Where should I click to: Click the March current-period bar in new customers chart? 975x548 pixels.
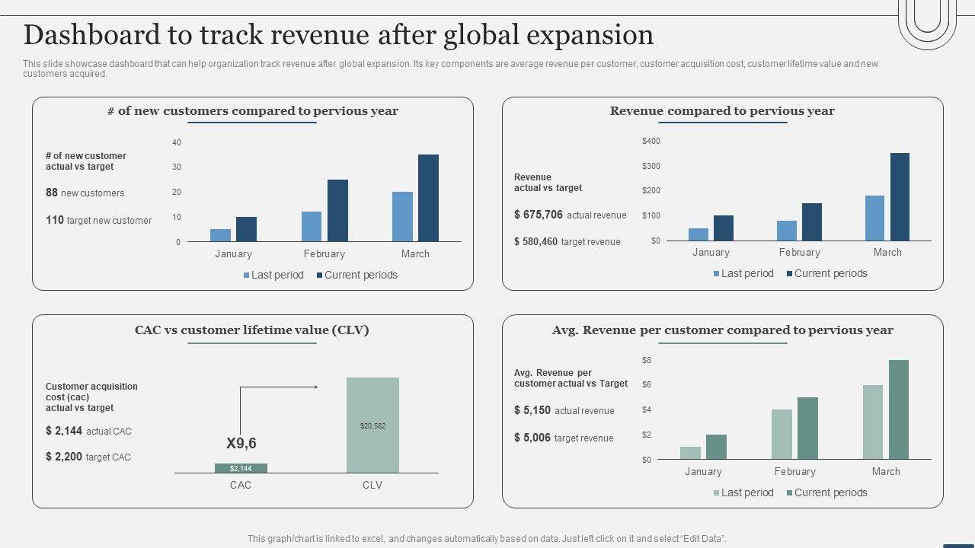tap(428, 198)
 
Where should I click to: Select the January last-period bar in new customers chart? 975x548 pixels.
tap(220, 235)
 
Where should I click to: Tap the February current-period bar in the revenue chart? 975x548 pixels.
tap(811, 221)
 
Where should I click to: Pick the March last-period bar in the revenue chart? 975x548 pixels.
tap(875, 218)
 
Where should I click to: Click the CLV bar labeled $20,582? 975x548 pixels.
tap(372, 425)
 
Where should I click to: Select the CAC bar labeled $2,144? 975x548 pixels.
tap(241, 468)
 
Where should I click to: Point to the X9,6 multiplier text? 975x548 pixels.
tap(241, 443)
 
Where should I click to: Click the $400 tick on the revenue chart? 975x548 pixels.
tap(651, 141)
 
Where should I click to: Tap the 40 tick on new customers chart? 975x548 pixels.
tap(177, 142)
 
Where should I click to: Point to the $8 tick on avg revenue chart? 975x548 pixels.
tap(647, 360)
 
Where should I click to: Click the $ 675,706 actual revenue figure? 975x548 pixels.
tap(539, 215)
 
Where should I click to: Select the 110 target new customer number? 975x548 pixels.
tap(55, 220)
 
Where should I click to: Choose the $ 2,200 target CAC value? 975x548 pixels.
tap(64, 457)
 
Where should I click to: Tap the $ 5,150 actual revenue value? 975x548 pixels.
tap(532, 410)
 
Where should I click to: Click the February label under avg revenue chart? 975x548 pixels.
tap(794, 472)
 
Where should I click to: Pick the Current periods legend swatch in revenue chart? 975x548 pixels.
tap(790, 274)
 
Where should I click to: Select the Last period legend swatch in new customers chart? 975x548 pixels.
tap(247, 276)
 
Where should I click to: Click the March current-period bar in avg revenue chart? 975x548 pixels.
tap(899, 409)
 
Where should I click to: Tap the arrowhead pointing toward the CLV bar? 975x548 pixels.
tap(315, 387)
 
